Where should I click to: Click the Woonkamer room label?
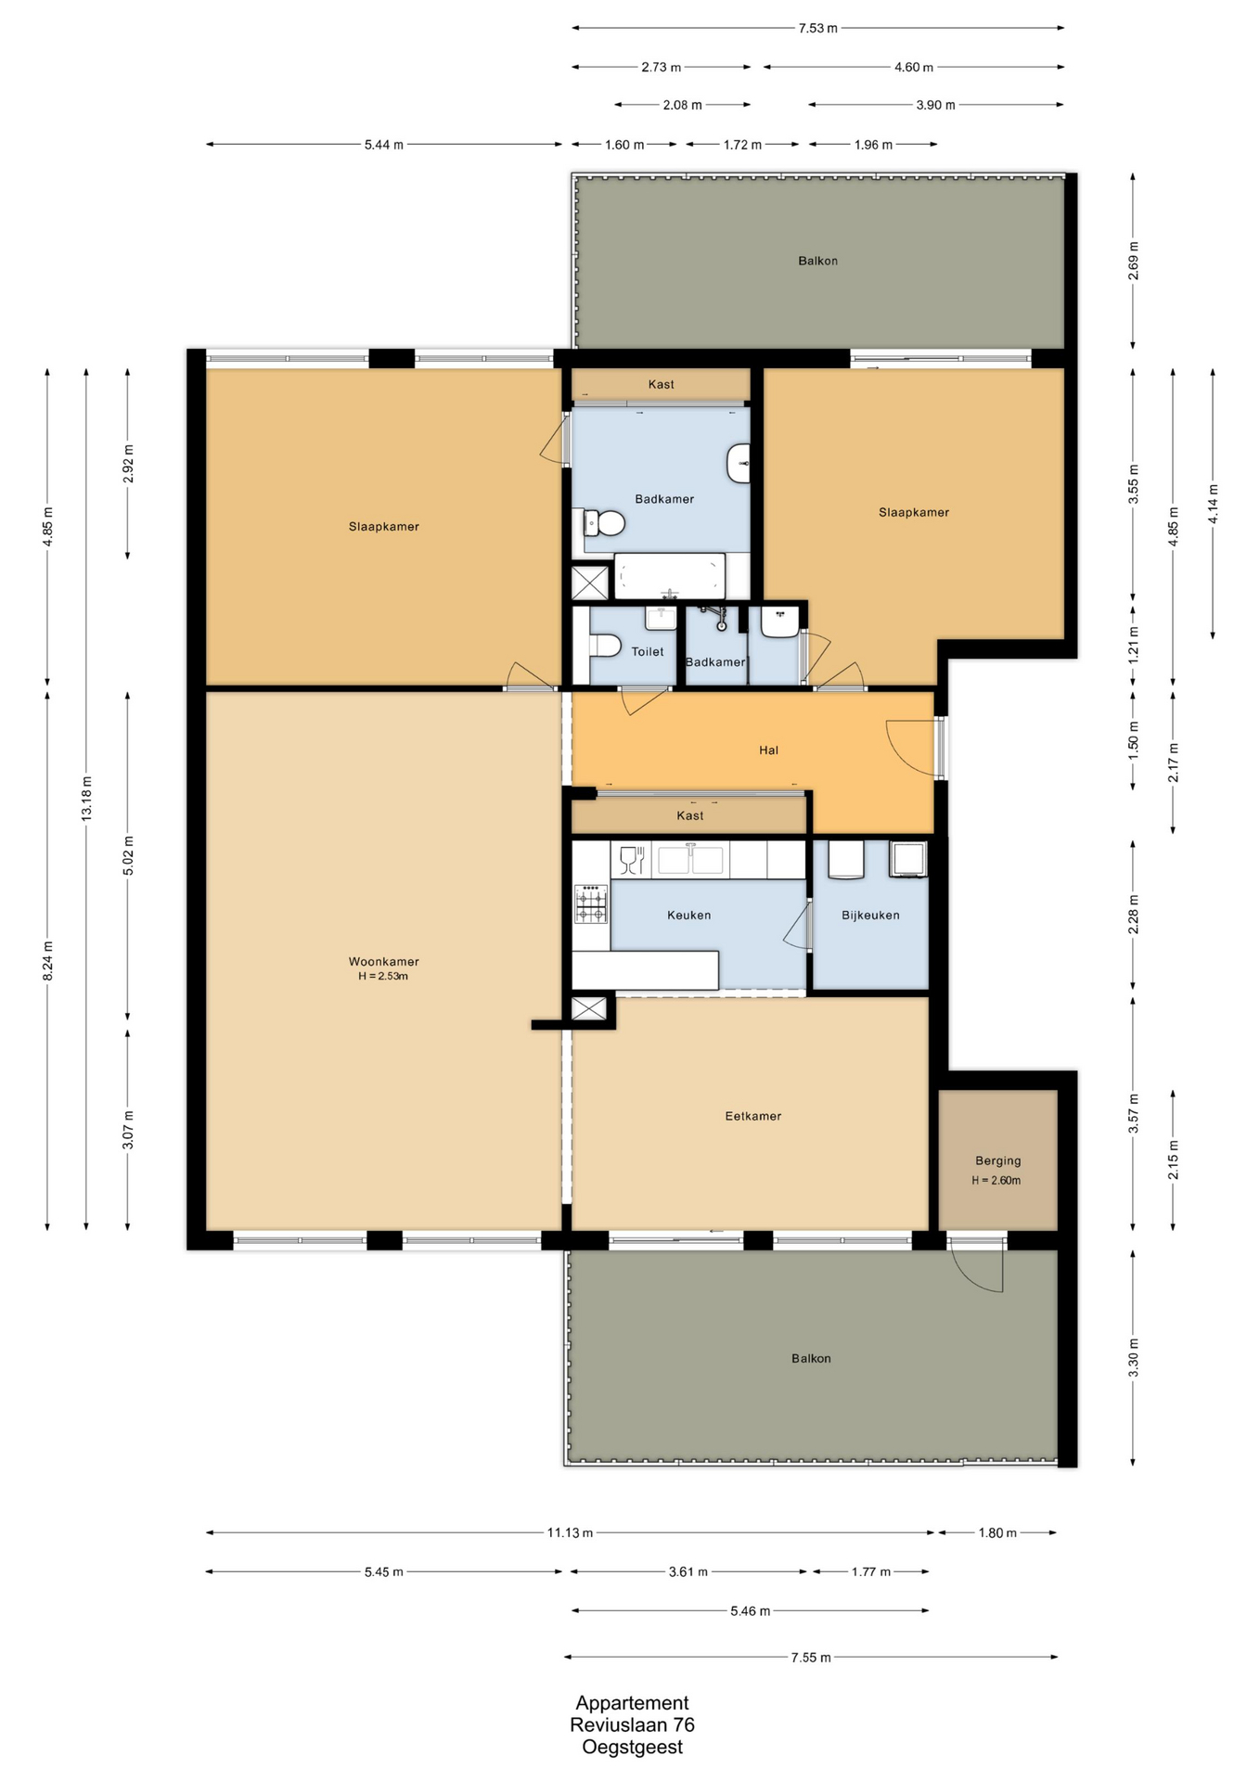click(x=383, y=961)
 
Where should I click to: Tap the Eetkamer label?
click(x=752, y=1116)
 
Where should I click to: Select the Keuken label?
click(x=688, y=915)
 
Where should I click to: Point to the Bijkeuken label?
click(x=870, y=915)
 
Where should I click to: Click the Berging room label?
click(x=997, y=1160)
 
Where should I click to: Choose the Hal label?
click(x=768, y=750)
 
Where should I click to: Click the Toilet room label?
click(x=648, y=651)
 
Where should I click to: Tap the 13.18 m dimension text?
click(x=86, y=798)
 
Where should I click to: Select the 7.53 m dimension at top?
click(x=817, y=28)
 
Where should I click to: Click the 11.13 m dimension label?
click(x=570, y=1532)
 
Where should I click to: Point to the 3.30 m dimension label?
click(x=1133, y=1358)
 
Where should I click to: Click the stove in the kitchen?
click(x=591, y=904)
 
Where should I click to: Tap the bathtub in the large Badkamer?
click(x=669, y=576)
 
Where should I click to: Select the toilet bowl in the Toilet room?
click(x=605, y=645)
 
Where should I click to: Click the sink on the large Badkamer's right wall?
click(x=739, y=463)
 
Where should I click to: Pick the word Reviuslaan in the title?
click(x=617, y=1724)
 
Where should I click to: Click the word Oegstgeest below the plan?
click(x=632, y=1748)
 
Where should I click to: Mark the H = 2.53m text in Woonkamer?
click(x=383, y=976)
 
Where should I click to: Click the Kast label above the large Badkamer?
click(x=661, y=384)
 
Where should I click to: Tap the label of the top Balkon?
click(x=817, y=261)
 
